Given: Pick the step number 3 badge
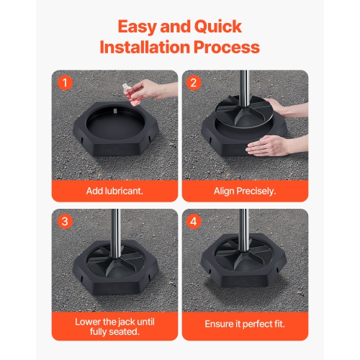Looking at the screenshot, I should (65, 221).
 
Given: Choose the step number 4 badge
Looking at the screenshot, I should (193, 221).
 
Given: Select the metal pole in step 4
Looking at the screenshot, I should (243, 230).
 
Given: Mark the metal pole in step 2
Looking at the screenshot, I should (243, 90).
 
